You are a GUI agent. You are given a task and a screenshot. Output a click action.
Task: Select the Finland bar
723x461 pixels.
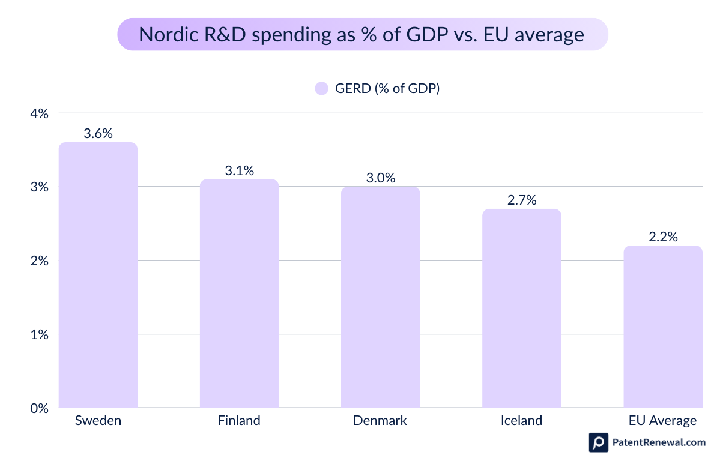(239, 294)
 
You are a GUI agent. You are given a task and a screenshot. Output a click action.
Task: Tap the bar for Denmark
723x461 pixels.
(380, 297)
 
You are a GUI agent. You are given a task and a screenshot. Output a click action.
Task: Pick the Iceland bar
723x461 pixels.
(521, 309)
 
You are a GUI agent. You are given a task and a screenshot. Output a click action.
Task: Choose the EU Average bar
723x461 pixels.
(662, 327)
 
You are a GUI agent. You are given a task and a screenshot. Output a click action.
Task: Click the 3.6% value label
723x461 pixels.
(98, 134)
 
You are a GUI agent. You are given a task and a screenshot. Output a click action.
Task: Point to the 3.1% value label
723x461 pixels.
(239, 170)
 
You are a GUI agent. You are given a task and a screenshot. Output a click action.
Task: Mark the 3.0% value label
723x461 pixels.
(380, 178)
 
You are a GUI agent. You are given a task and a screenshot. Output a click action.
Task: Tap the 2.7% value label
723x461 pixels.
(521, 200)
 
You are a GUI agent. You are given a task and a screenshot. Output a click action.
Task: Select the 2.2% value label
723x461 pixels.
(662, 237)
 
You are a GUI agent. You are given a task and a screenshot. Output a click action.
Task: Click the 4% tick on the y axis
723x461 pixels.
(39, 113)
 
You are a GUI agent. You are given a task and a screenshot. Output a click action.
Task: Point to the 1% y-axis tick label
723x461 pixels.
(39, 334)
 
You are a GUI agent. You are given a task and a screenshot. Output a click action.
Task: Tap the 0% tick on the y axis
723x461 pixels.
(39, 408)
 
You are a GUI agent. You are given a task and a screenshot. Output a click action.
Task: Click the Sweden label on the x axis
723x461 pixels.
(98, 421)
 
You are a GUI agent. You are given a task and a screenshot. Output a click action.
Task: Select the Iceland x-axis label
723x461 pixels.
(521, 421)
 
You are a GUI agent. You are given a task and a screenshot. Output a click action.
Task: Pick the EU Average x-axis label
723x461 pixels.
(662, 421)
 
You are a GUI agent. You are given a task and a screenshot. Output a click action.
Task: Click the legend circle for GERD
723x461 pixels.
(321, 89)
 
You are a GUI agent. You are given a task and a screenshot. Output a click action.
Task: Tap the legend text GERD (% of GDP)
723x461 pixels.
(387, 89)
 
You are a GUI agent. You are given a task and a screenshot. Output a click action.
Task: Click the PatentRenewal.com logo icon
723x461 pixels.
(598, 442)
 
